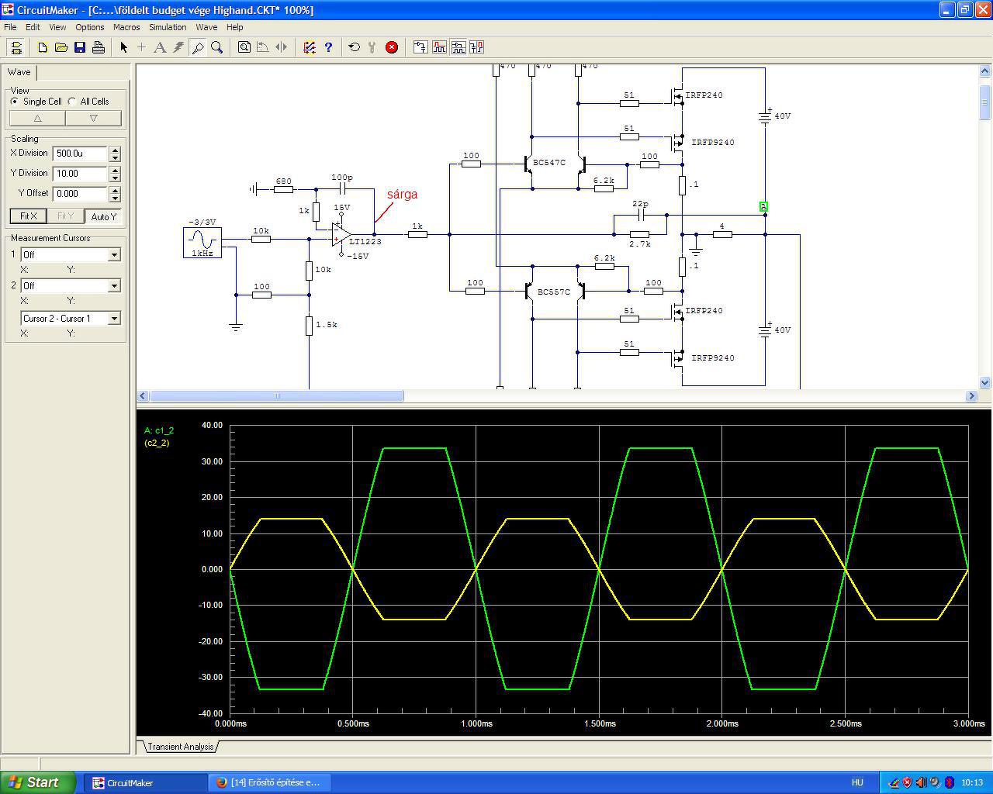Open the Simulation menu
pyautogui.click(x=168, y=27)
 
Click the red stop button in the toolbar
pyautogui.click(x=392, y=47)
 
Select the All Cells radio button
pyautogui.click(x=72, y=101)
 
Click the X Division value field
pyautogui.click(x=80, y=154)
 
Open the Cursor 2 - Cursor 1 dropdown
pyautogui.click(x=71, y=319)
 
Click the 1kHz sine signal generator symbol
pyautogui.click(x=202, y=243)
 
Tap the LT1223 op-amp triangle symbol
pyautogui.click(x=341, y=235)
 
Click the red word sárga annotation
pyautogui.click(x=402, y=194)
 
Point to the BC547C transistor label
pyautogui.click(x=549, y=162)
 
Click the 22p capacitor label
pyautogui.click(x=640, y=203)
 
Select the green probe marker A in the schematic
pyautogui.click(x=763, y=206)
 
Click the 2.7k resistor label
pyautogui.click(x=639, y=243)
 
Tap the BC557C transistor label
pyautogui.click(x=554, y=292)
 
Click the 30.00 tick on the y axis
pyautogui.click(x=212, y=461)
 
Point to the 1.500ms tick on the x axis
pyautogui.click(x=600, y=723)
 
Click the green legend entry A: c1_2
pyautogui.click(x=159, y=430)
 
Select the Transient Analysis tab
pyautogui.click(x=181, y=747)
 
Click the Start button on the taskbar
pyautogui.click(x=37, y=782)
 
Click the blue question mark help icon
pyautogui.click(x=328, y=47)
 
